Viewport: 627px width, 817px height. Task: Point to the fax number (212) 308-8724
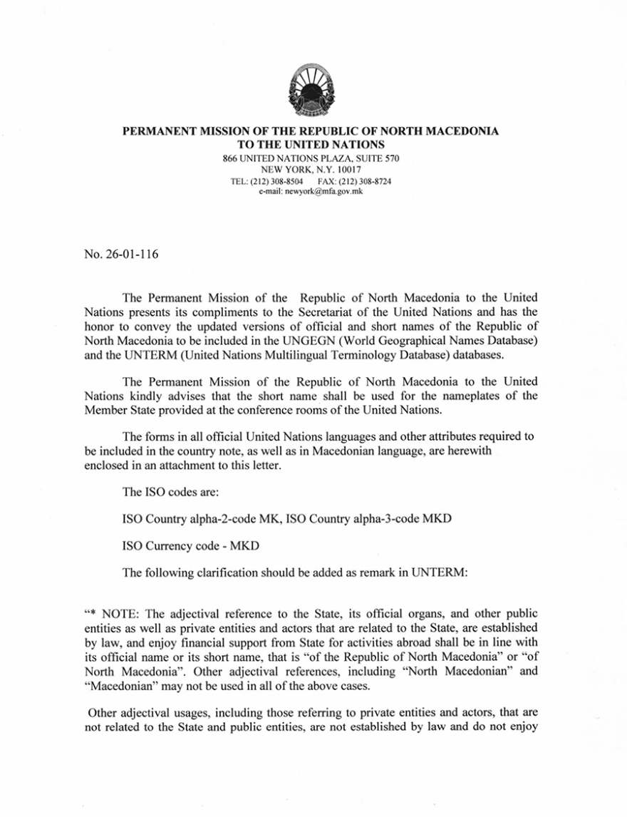pyautogui.click(x=363, y=182)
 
